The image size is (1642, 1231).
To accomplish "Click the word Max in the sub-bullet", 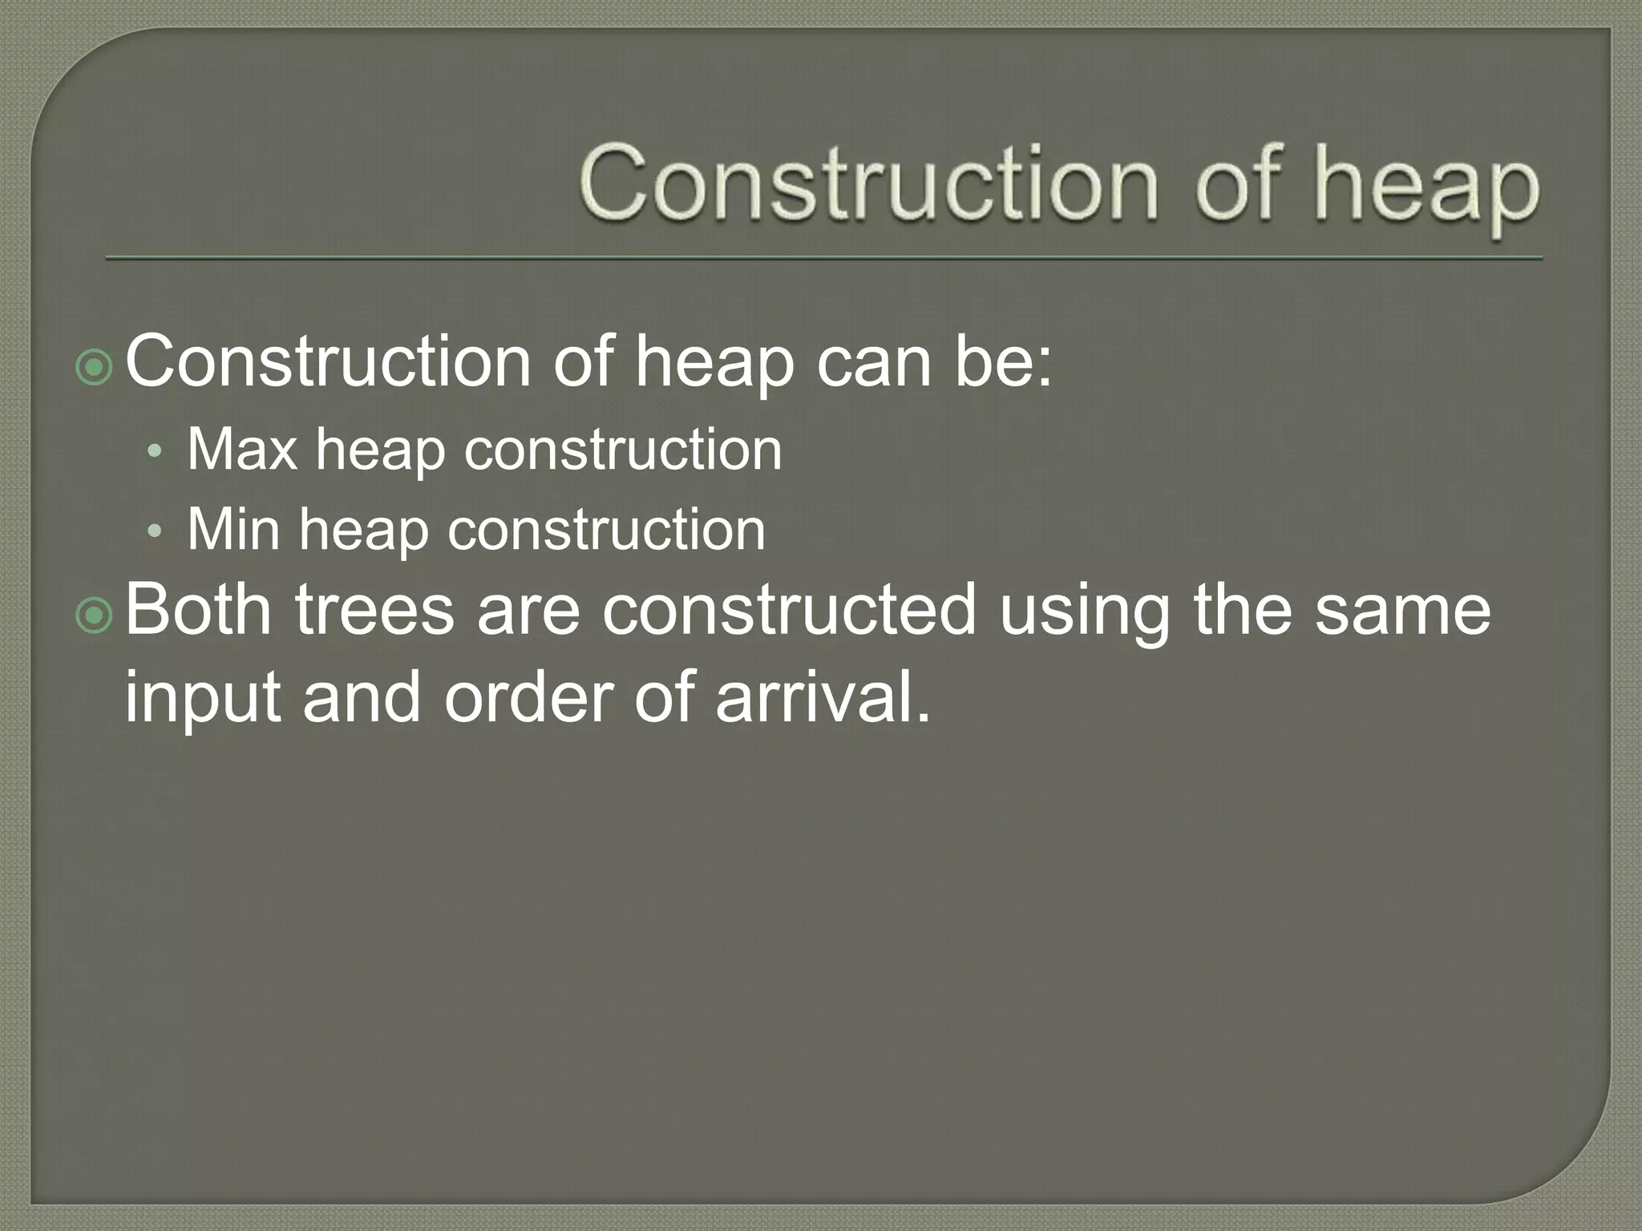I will pos(242,450).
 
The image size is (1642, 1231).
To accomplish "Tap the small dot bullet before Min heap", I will pos(156,532).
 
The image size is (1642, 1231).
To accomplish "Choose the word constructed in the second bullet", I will pos(789,611).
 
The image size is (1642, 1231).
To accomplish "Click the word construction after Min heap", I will pos(606,530).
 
